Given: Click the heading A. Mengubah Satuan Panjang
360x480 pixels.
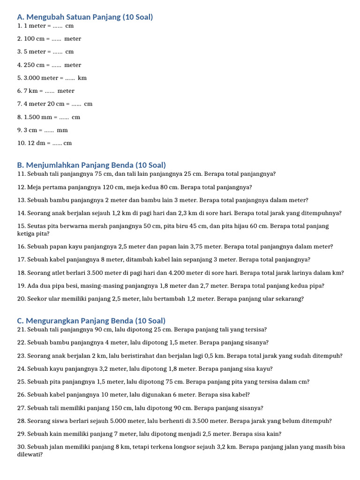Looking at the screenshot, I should [x=85, y=17].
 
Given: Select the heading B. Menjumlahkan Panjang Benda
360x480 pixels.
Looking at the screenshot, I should [x=91, y=165].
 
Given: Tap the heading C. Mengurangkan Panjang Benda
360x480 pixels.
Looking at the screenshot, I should [x=91, y=321].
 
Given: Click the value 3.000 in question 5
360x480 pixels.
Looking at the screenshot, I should [x=32, y=78].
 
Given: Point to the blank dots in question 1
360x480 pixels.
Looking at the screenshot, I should [x=58, y=26].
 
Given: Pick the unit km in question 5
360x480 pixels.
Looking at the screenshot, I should [x=82, y=78].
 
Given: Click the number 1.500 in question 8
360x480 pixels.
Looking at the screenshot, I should [x=32, y=117].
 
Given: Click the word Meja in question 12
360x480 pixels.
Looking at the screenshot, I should [x=35, y=187].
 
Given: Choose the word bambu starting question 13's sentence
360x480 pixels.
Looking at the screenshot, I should [x=56, y=200].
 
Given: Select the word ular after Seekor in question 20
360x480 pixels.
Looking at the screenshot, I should [x=53, y=299].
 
